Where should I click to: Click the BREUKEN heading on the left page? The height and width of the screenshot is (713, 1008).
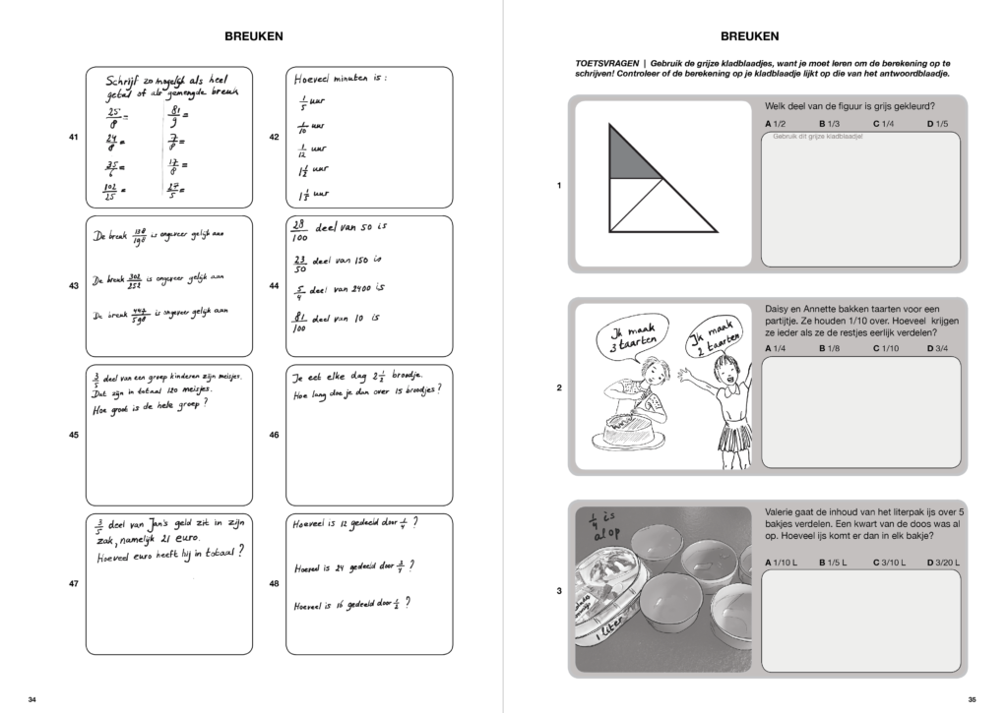click(254, 36)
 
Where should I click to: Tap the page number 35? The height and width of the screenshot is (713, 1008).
click(973, 699)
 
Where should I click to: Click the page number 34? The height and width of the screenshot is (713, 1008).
click(32, 699)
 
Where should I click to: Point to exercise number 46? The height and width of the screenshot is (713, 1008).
click(275, 434)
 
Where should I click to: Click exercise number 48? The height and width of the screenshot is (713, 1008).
click(275, 583)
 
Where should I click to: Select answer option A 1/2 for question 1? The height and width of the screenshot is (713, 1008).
click(775, 124)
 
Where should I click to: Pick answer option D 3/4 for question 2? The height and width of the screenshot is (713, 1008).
click(937, 348)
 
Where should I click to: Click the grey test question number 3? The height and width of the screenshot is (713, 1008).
click(559, 591)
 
